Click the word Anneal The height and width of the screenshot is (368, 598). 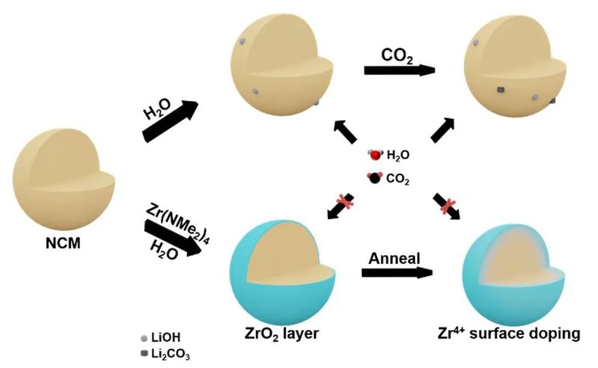point(395,257)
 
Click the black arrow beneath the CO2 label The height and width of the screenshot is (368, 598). point(400,70)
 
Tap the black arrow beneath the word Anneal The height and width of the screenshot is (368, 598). point(397,273)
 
